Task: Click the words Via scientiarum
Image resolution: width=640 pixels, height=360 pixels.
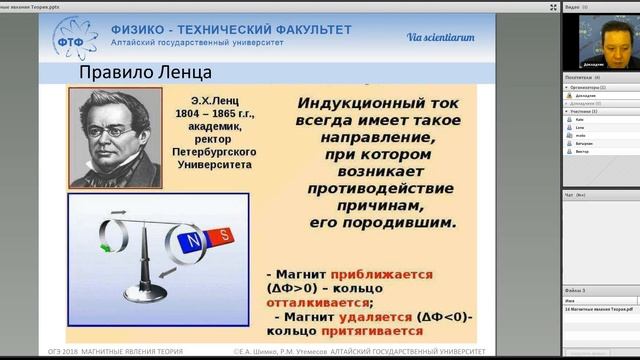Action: (x=440, y=38)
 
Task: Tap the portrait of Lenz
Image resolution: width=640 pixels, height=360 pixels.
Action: (x=114, y=137)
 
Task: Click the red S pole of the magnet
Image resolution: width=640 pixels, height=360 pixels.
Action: (x=225, y=236)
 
